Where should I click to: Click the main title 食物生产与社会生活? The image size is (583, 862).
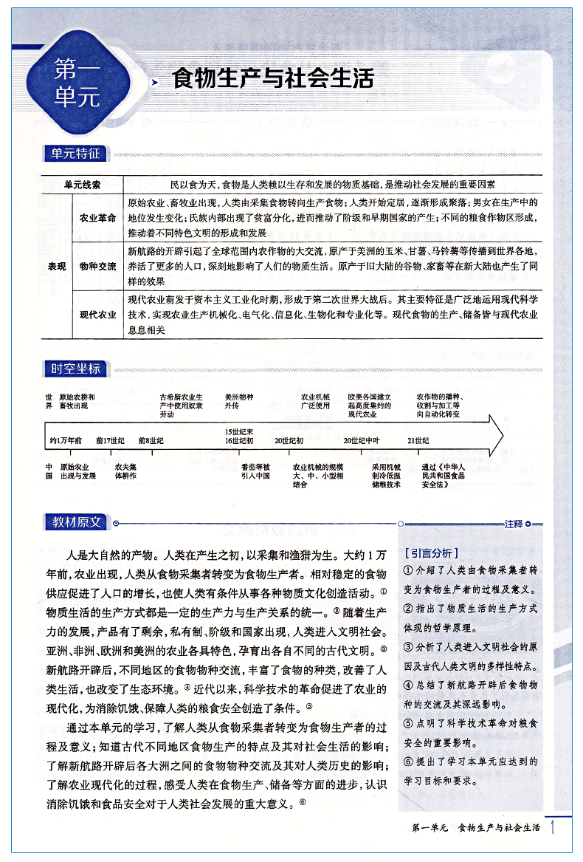pos(272,78)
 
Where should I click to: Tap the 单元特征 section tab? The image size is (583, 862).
pos(75,154)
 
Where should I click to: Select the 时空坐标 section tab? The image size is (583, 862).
pos(75,369)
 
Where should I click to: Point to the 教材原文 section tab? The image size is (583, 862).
pos(75,523)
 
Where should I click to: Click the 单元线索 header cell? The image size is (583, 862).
pos(82,184)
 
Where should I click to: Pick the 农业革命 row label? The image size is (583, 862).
pos(98,218)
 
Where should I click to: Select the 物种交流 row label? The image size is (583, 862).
pos(98,266)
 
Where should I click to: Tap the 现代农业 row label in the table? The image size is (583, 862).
pos(98,315)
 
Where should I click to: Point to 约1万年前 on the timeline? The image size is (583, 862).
pos(66,440)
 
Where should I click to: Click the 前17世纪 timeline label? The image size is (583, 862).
pos(110,440)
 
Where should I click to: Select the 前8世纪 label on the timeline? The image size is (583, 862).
pos(151,440)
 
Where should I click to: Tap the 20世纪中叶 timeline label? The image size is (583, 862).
pos(361,440)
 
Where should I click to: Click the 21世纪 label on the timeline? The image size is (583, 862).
pos(418,440)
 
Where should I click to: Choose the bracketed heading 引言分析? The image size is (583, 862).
pos(431,553)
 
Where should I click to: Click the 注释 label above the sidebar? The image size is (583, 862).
pos(514,524)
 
